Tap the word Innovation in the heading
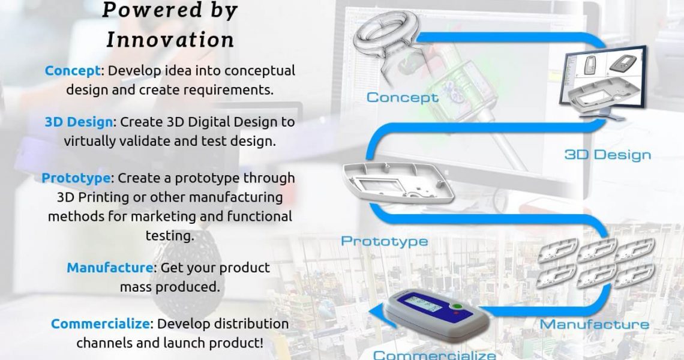coord(170,40)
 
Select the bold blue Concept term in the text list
coord(72,71)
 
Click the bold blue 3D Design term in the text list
coord(79,122)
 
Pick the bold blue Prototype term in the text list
coord(76,178)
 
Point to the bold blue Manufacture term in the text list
coord(109,268)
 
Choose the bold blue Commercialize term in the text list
coord(100,324)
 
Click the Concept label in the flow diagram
coord(402,98)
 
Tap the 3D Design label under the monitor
coord(607,155)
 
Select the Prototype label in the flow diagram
coord(384,241)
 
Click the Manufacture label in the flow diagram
coord(594,325)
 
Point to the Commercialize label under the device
coord(434,355)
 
